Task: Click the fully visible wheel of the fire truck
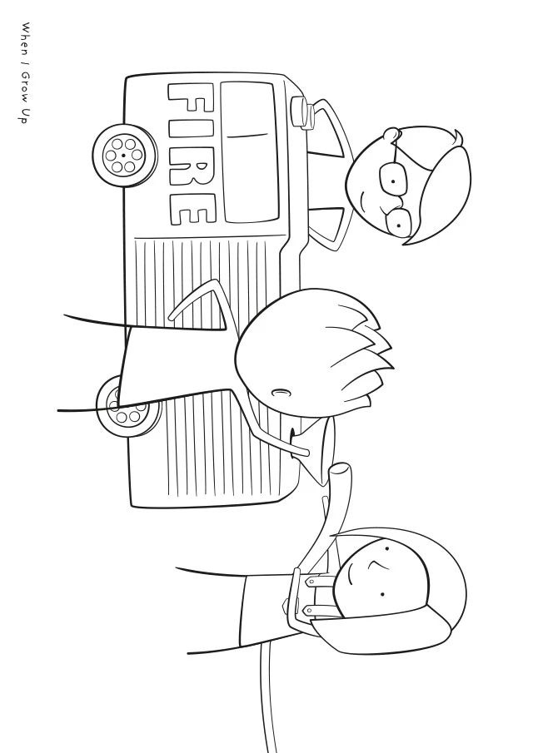[123, 155]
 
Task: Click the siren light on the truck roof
[302, 113]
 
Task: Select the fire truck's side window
[250, 151]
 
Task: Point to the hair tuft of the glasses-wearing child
[455, 138]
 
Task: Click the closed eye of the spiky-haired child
[281, 393]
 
